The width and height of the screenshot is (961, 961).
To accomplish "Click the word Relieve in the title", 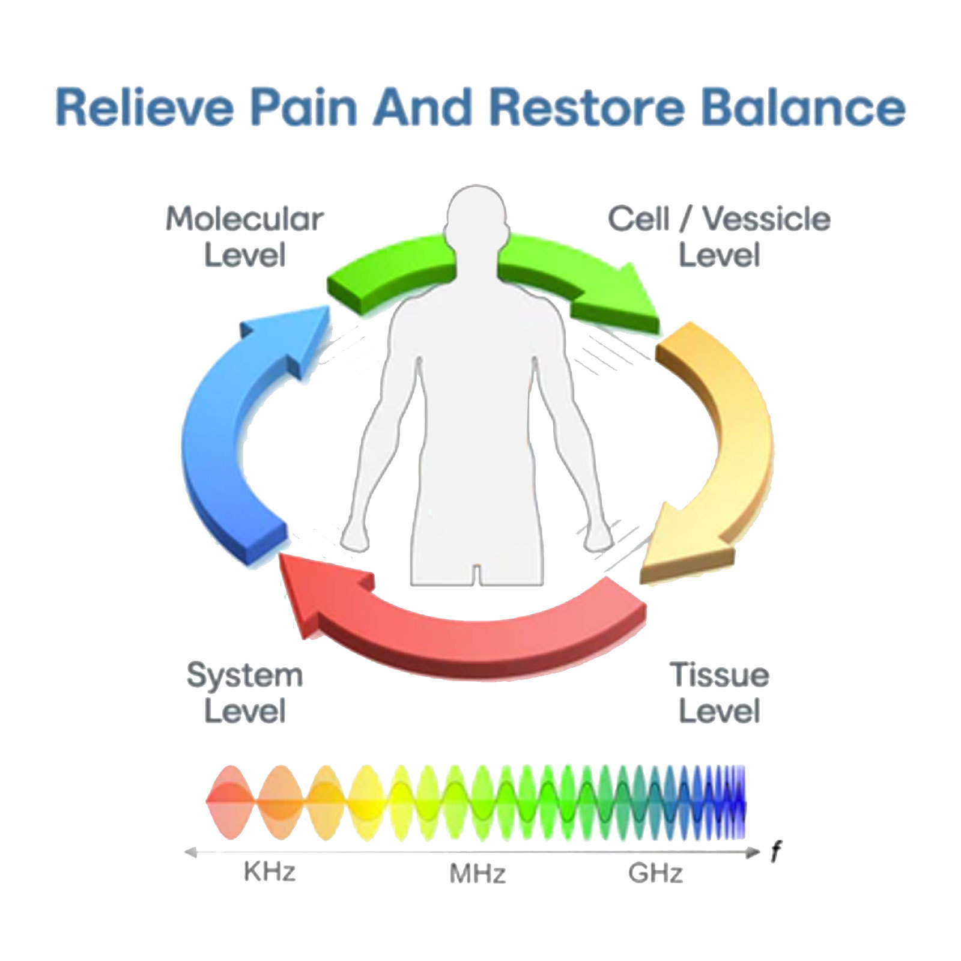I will coord(144,107).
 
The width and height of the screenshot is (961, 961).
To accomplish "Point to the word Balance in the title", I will coord(803,107).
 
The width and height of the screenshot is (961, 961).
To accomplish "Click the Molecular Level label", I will coord(244,237).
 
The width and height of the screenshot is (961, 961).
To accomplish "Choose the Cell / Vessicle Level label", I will coord(719,237).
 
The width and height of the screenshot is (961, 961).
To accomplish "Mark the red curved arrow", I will coord(480,637).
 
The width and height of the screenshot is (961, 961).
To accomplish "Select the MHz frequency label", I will coord(477,874).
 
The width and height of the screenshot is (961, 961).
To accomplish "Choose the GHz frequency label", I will coord(655,874).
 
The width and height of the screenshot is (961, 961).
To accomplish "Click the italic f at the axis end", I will coord(776,852).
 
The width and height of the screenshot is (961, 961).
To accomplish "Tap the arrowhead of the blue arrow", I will coord(300,336).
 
